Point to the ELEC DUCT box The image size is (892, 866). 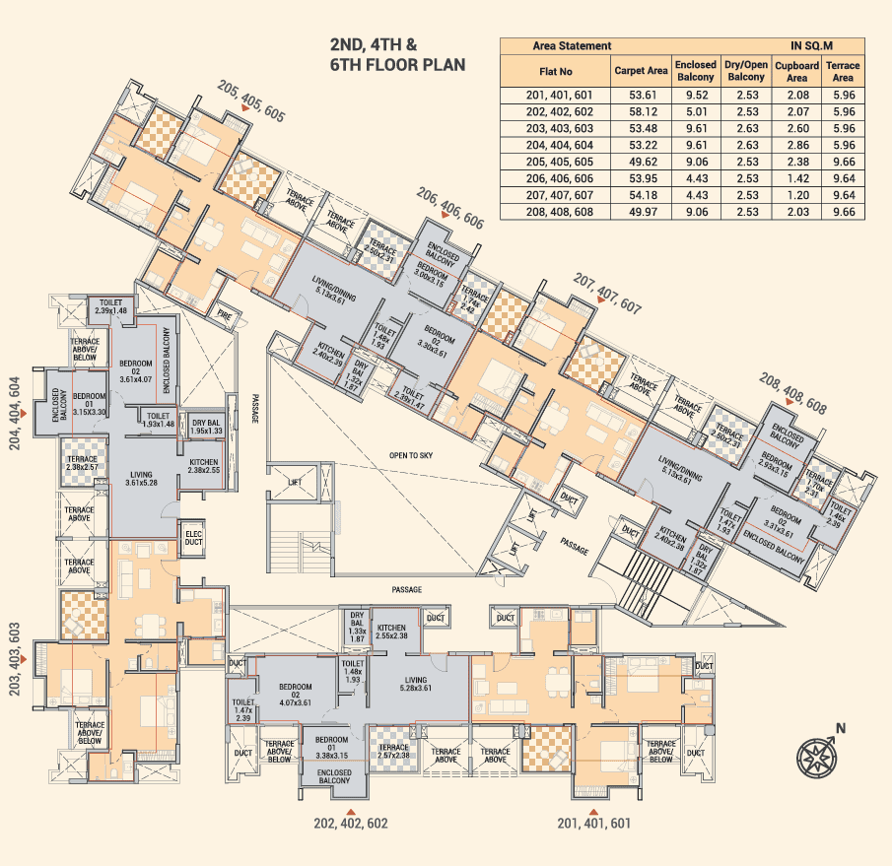pyautogui.click(x=193, y=537)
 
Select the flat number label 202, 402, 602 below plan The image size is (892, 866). pyautogui.click(x=351, y=823)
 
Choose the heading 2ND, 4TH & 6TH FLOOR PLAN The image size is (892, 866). pyautogui.click(x=397, y=55)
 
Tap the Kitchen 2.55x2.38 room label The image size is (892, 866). pyautogui.click(x=390, y=632)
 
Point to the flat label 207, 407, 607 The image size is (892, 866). pyautogui.click(x=607, y=295)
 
